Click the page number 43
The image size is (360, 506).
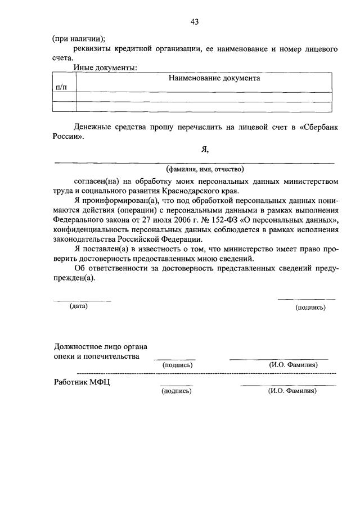[x=195, y=22]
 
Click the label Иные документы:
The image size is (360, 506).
[x=105, y=68]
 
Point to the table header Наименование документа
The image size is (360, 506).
[x=214, y=79]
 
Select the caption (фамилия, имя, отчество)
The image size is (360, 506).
[x=205, y=169]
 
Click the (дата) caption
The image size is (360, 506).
[x=79, y=306]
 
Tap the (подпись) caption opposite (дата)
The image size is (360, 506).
[x=310, y=308]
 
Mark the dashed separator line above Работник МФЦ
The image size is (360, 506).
[x=206, y=373]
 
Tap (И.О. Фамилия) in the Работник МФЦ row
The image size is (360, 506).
[x=293, y=391]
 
